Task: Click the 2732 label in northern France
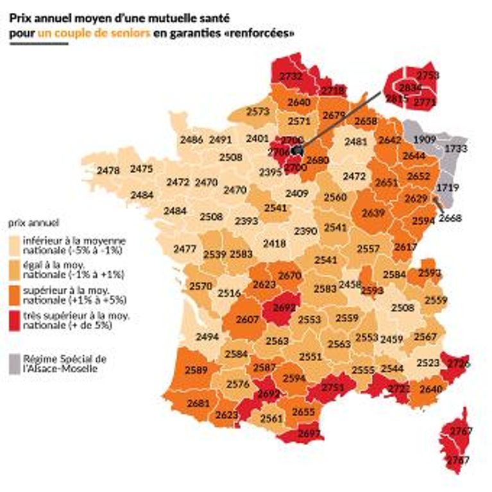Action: (291, 76)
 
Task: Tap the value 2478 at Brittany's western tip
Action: (108, 170)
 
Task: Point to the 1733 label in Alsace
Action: (456, 148)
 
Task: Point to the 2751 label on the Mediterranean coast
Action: (333, 387)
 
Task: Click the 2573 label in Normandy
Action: (257, 112)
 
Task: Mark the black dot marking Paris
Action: (296, 149)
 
